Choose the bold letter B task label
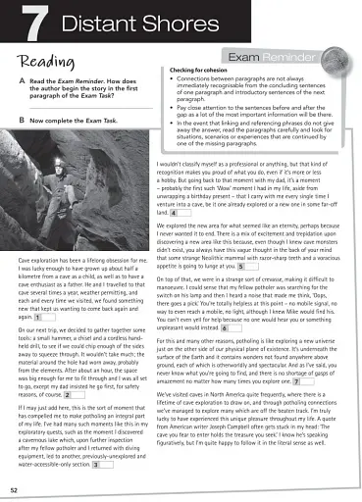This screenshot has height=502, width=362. point(22,119)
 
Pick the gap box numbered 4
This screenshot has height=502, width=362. point(174,212)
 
